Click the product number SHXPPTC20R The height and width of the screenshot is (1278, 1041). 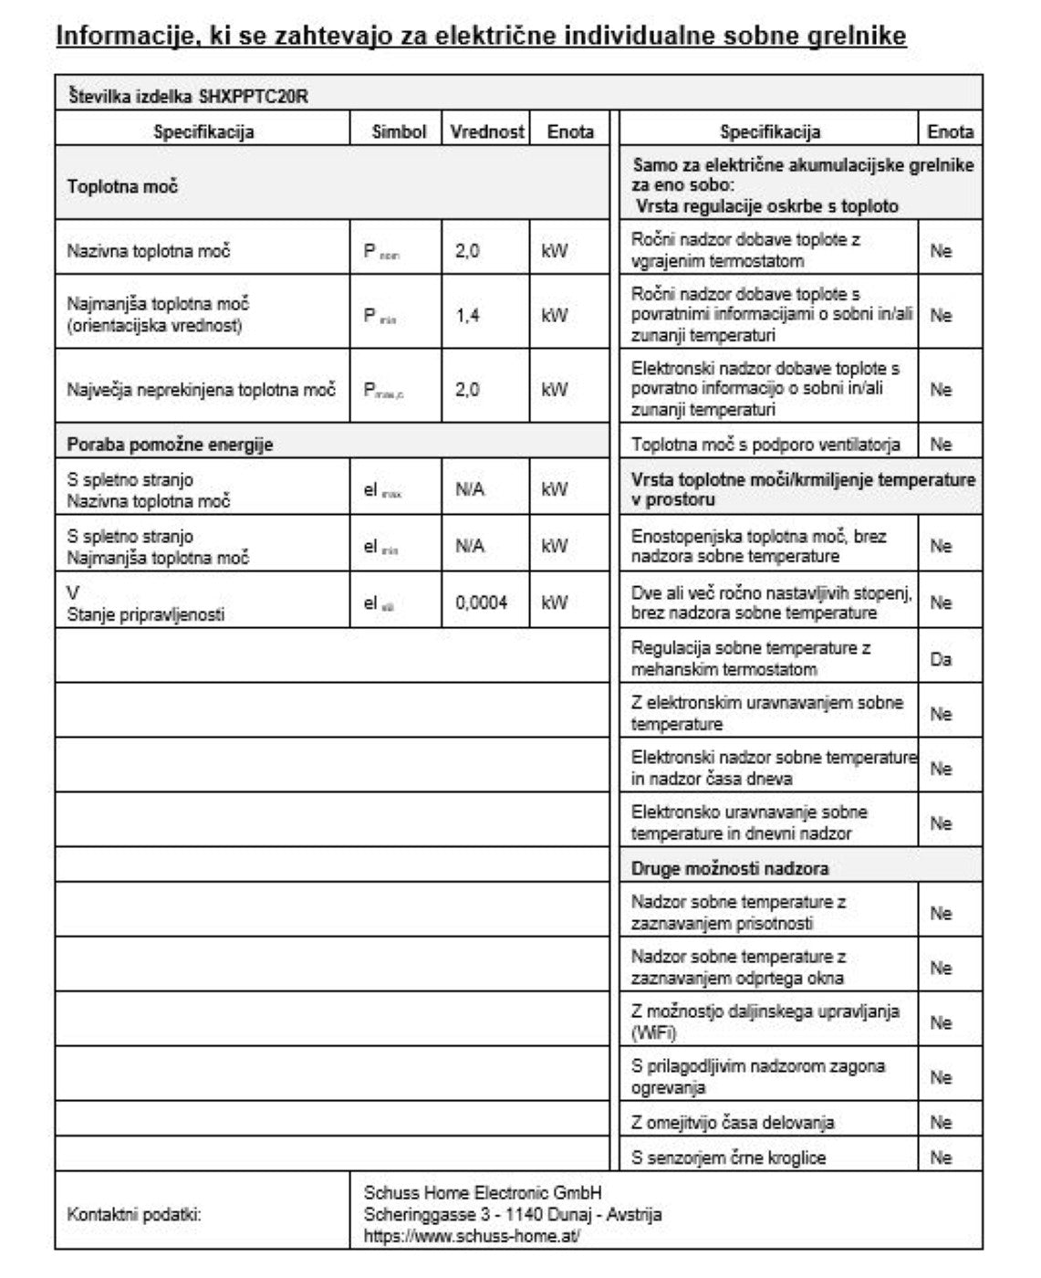click(253, 96)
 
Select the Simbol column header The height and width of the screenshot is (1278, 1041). click(399, 131)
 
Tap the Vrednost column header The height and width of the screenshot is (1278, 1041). click(486, 131)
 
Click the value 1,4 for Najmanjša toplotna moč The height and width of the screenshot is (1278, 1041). click(467, 316)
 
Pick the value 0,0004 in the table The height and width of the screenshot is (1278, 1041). click(481, 602)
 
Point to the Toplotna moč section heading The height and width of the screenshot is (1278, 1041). click(122, 186)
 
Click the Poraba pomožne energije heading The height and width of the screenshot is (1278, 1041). click(170, 445)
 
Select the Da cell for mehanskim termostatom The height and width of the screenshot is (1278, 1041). click(941, 659)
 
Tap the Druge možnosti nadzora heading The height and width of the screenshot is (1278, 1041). click(729, 868)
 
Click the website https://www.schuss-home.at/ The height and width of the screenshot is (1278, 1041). click(472, 1236)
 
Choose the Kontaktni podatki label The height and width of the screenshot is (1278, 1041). click(133, 1215)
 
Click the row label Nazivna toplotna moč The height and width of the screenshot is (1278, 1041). click(148, 251)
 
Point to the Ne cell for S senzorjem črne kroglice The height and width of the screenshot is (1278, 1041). click(941, 1158)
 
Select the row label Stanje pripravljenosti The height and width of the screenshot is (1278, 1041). click(145, 614)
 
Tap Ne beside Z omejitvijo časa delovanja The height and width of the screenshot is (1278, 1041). click(941, 1123)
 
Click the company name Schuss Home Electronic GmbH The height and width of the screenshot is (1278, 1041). click(483, 1193)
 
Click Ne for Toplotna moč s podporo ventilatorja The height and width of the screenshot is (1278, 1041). click(941, 445)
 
